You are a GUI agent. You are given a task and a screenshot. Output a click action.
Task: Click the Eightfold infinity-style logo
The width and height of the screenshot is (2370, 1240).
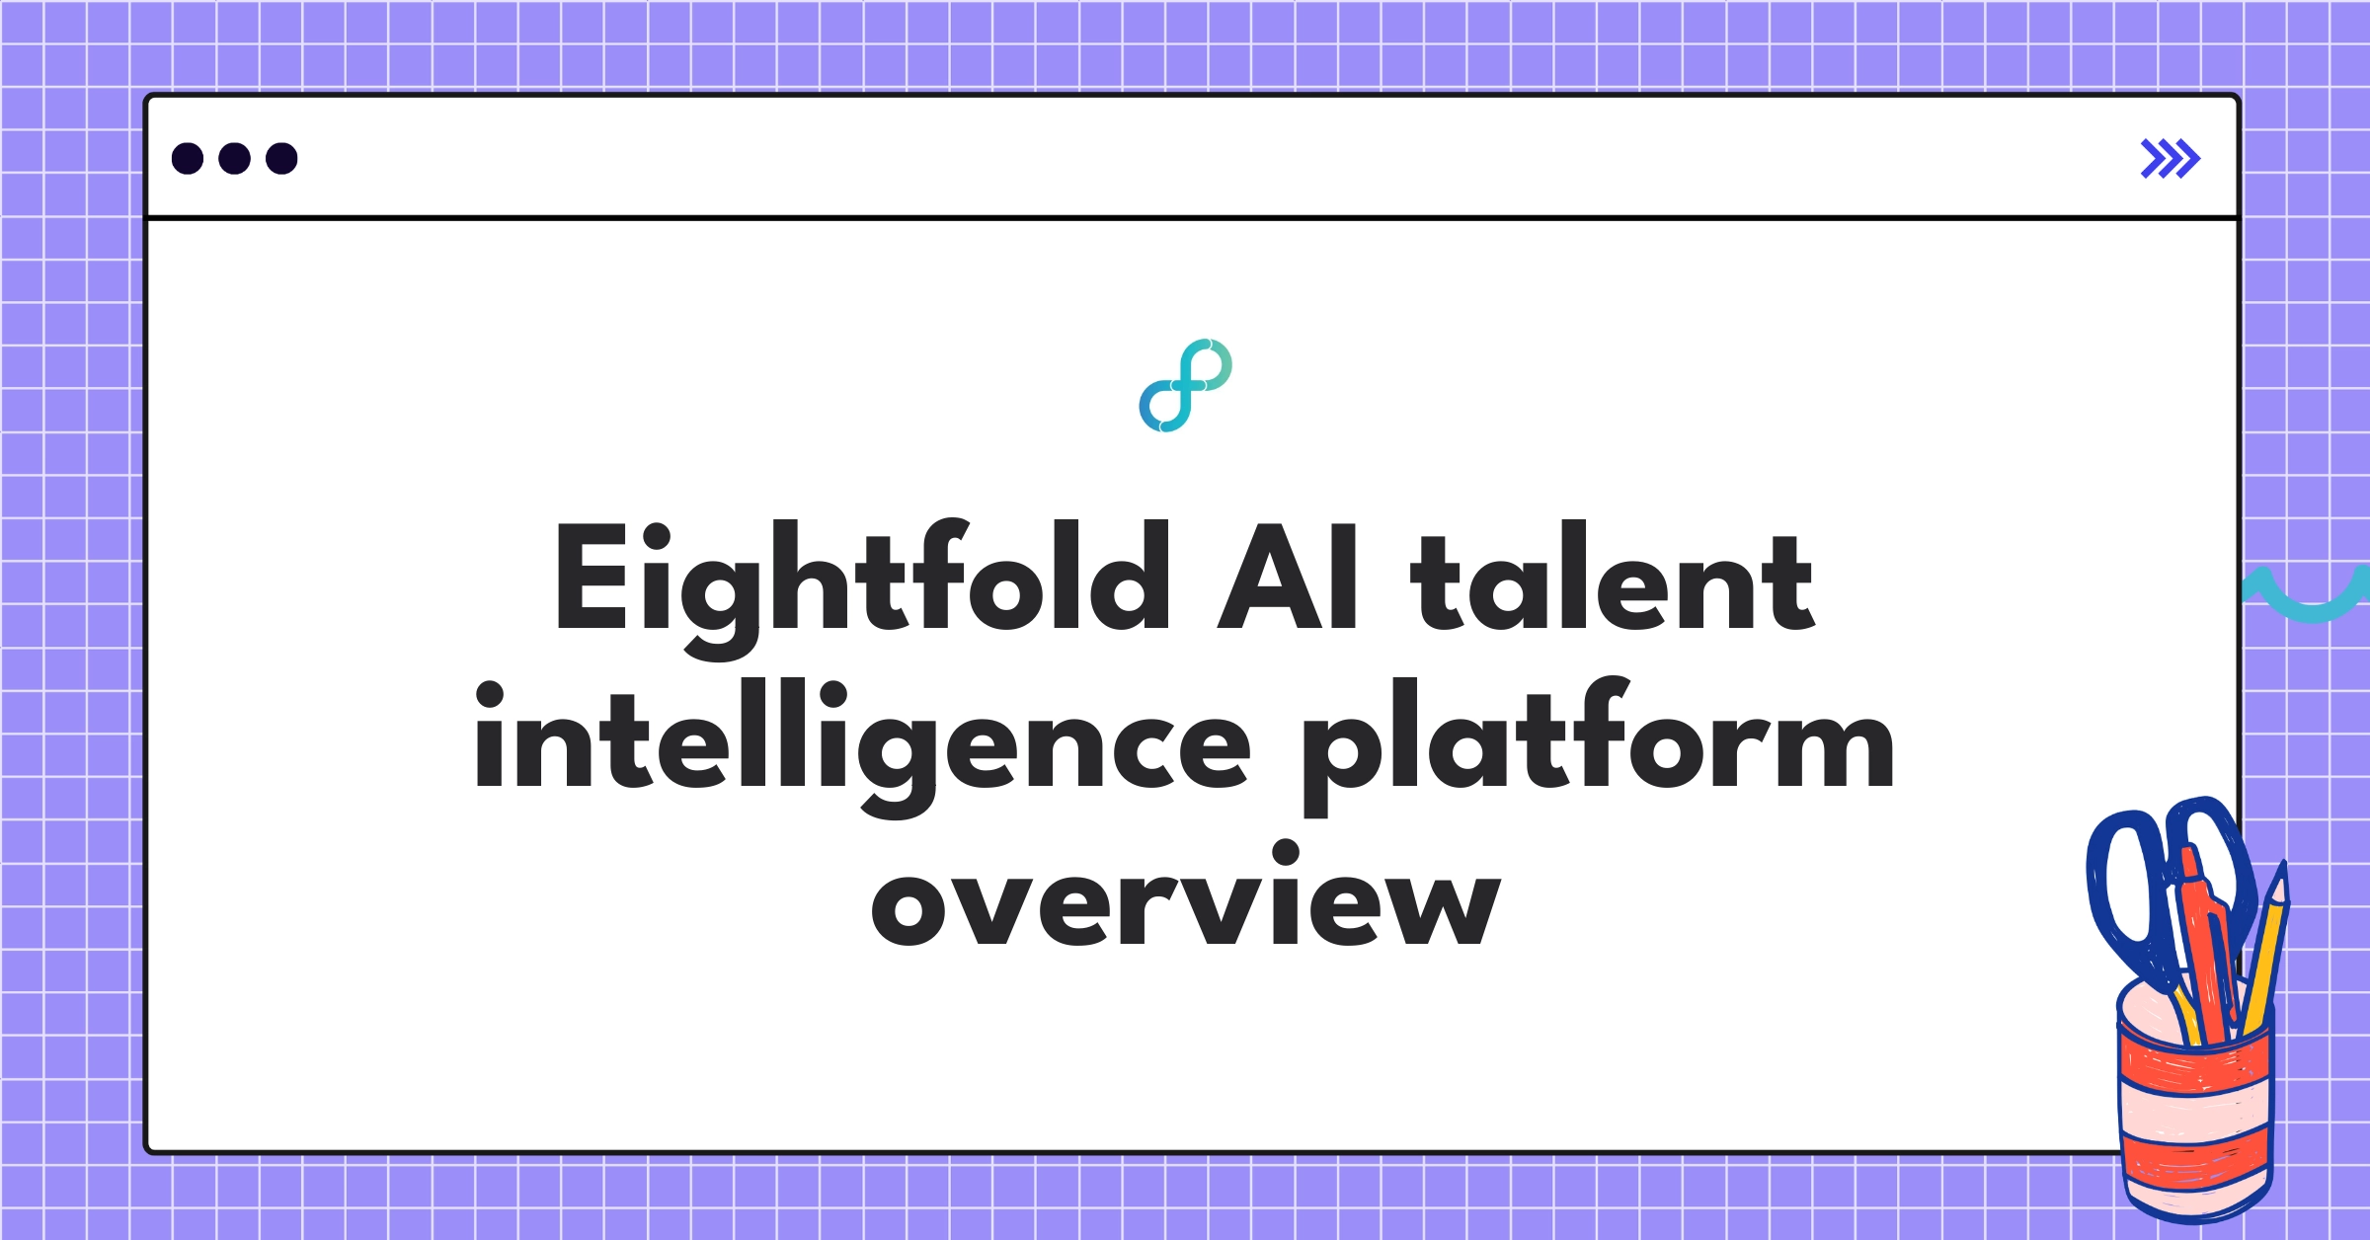[1185, 386]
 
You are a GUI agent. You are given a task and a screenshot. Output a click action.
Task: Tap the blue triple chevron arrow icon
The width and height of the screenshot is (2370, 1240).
[2170, 159]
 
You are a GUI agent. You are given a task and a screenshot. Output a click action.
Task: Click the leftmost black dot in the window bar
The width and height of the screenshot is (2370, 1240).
[188, 159]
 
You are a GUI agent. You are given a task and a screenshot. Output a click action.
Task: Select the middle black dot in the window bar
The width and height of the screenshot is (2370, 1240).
[234, 159]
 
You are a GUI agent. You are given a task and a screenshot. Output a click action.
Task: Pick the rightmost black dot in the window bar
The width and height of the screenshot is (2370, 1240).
[281, 159]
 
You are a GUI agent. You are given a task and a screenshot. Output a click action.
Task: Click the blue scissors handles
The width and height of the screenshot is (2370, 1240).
[2123, 879]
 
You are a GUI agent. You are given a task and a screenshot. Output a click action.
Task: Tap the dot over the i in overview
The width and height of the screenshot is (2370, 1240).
[1286, 852]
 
